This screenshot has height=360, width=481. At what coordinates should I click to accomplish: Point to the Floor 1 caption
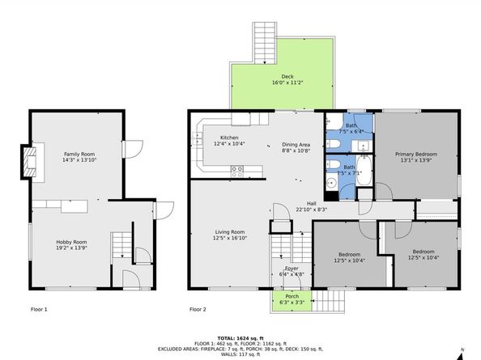[x=39, y=309]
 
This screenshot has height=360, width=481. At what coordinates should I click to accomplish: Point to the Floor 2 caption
[x=198, y=309]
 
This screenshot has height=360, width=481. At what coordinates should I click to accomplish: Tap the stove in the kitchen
[x=238, y=171]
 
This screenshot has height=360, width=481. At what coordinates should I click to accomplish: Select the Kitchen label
[x=230, y=138]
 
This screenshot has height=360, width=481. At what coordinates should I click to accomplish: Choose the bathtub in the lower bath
[x=364, y=172]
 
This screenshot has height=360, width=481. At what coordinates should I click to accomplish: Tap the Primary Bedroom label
[x=415, y=154]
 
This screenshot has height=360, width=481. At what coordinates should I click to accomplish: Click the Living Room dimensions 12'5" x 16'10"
[x=230, y=238]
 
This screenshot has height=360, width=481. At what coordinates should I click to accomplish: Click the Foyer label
[x=292, y=268]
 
